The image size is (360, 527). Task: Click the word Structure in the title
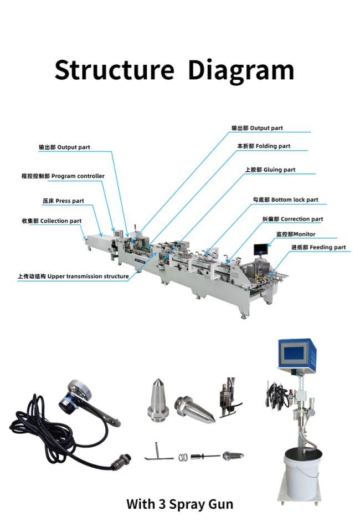[114, 70]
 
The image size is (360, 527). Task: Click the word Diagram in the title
[241, 70]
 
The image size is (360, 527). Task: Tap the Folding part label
[264, 146]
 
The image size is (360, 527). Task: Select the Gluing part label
[270, 170]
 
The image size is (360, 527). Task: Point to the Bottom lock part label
[285, 199]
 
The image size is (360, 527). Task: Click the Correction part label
[292, 219]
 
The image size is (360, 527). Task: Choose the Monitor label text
[296, 234]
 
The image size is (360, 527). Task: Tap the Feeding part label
[318, 247]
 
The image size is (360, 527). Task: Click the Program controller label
[63, 176]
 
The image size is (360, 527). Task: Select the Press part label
[63, 201]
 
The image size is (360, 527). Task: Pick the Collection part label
[52, 221]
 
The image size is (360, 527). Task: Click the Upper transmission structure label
[73, 277]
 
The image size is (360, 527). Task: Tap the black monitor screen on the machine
[261, 249]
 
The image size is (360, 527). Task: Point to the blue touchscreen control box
[294, 353]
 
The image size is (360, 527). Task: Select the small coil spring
[183, 457]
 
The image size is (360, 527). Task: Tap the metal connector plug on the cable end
[122, 459]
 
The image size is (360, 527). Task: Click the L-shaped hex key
[158, 452]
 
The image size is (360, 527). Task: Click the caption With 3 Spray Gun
[179, 504]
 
